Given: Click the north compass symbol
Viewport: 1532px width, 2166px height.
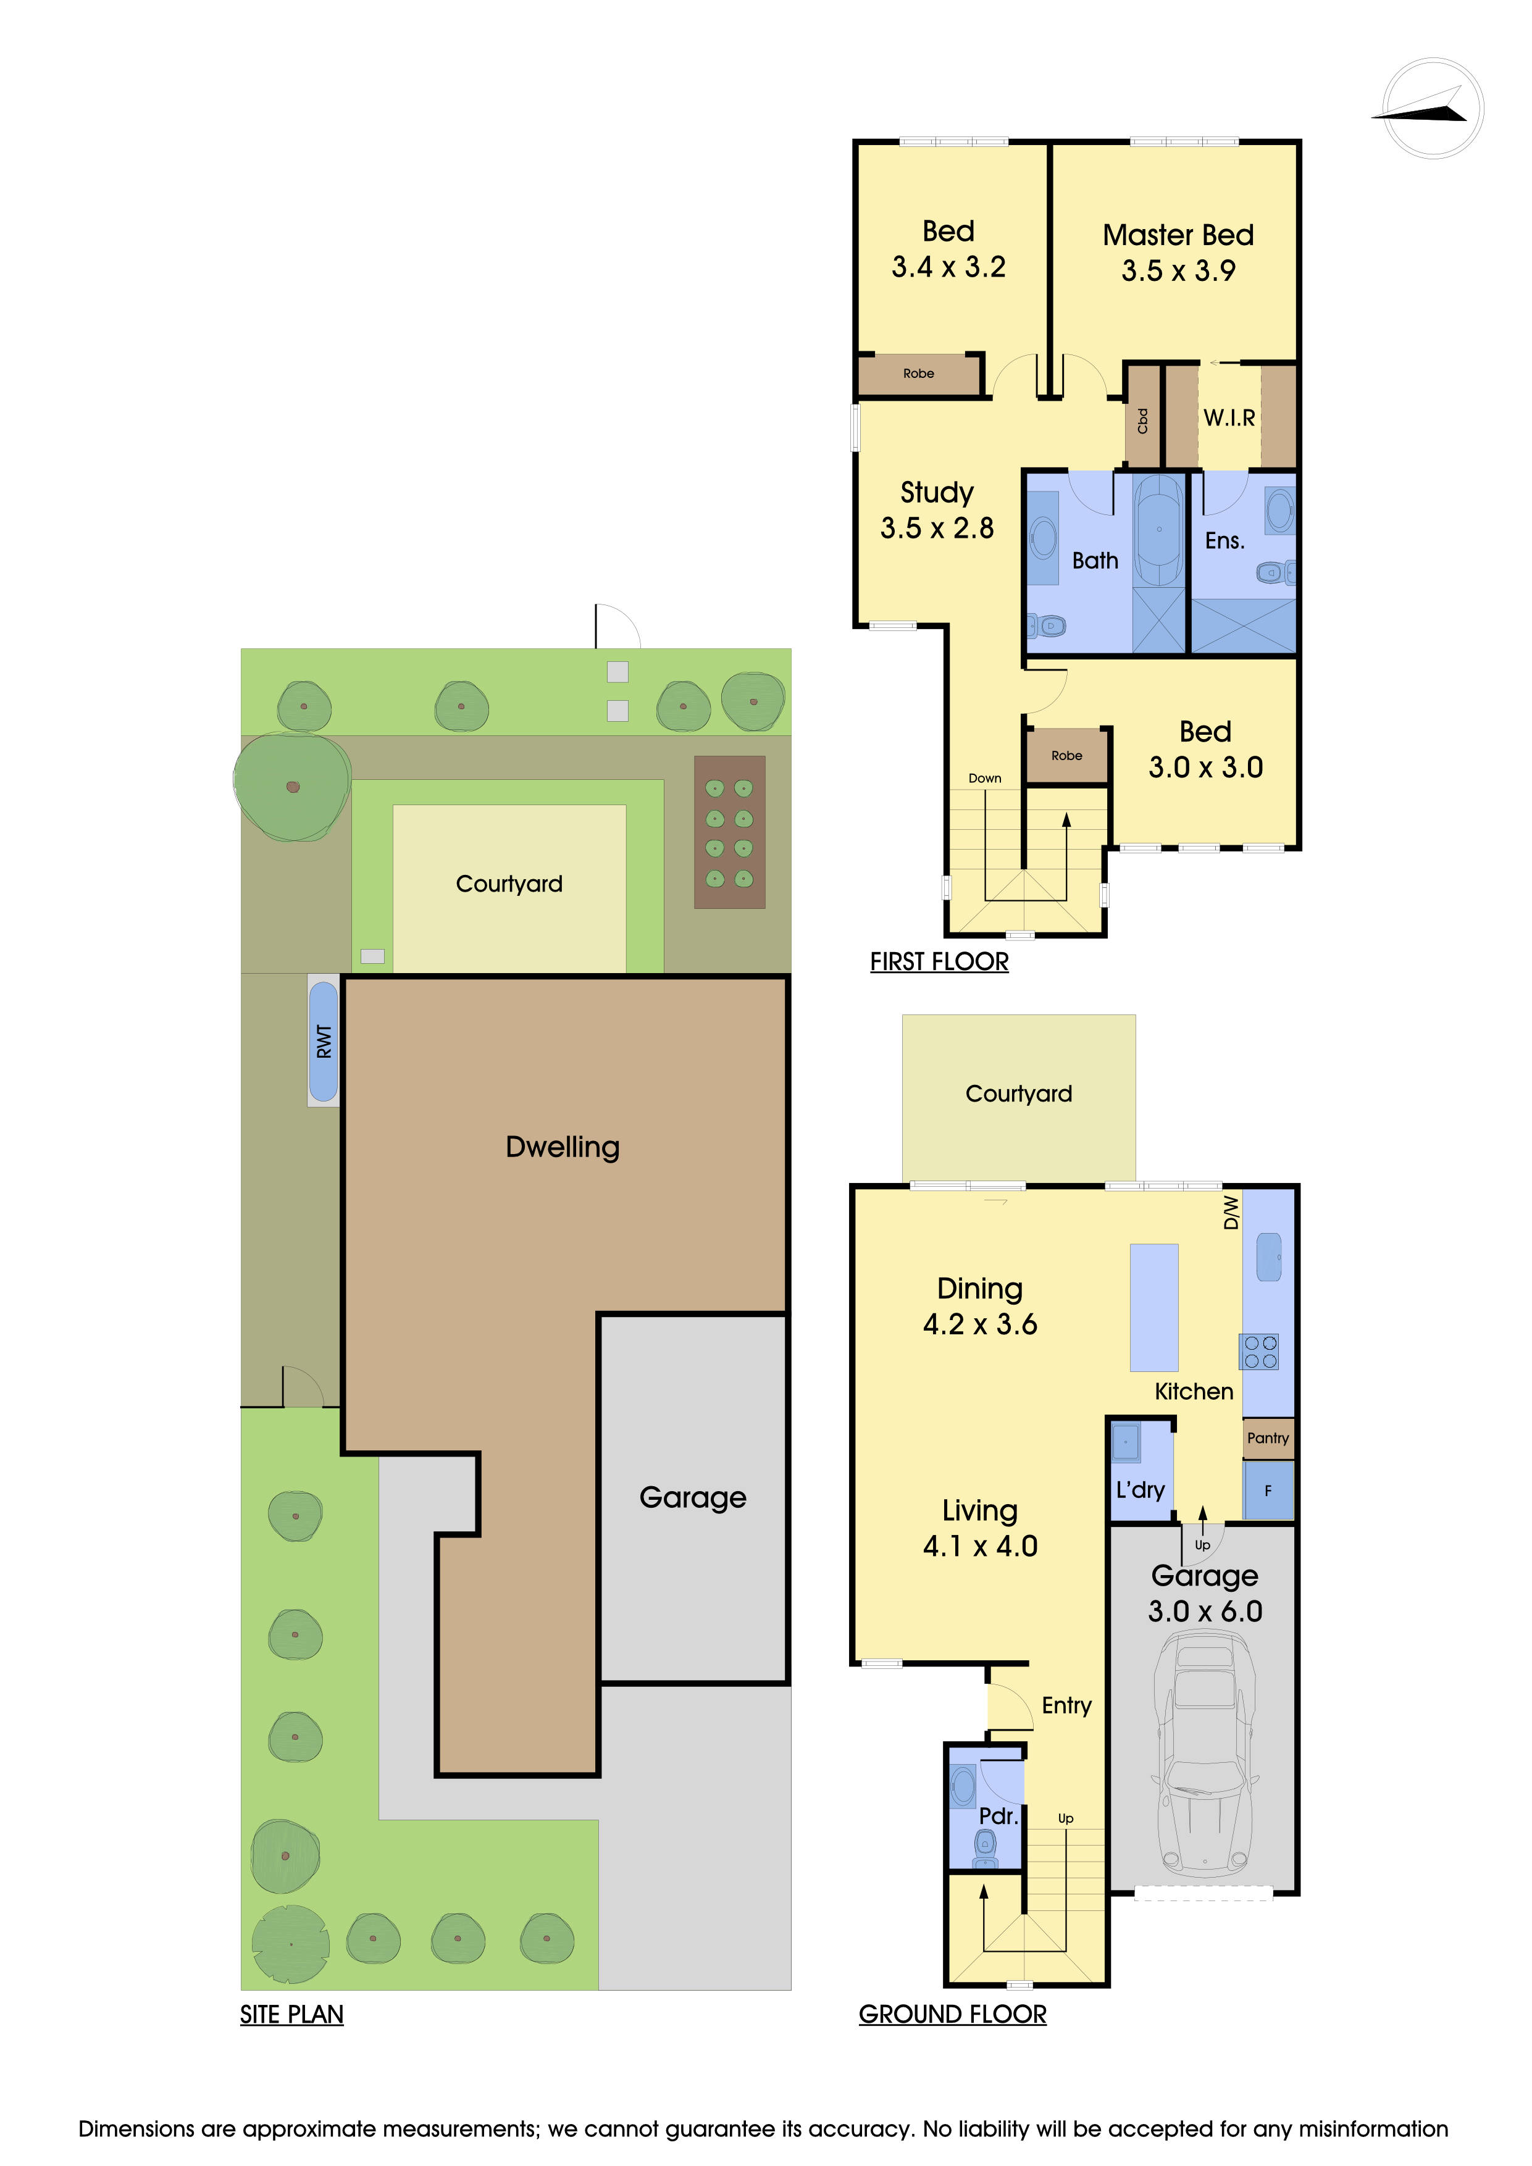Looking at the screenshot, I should pos(1431,109).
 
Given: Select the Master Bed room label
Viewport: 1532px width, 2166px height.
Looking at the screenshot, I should pos(1178,235).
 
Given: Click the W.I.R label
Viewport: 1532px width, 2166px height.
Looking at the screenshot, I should pos(1229,418).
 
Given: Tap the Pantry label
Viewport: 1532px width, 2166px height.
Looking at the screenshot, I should pos(1267,1437).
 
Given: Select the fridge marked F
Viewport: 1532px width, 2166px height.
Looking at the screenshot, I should pos(1268,1491).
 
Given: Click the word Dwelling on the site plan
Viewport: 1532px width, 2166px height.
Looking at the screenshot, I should pos(563,1147).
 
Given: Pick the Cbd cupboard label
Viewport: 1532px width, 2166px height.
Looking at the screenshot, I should pos(1142,420).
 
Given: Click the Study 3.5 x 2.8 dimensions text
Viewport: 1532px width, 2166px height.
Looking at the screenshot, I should pos(937,529).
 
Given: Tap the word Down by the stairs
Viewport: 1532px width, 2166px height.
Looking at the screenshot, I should pos(984,778).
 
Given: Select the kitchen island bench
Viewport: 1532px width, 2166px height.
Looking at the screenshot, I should pos(1153,1308).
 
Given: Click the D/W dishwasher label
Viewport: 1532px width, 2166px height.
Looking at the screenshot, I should pos(1230,1212).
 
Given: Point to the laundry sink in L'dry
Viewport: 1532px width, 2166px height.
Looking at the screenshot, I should pos(1126,1442).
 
